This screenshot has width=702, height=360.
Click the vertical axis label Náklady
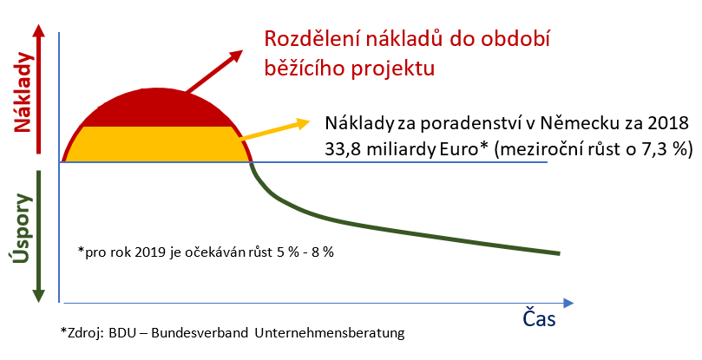(23, 92)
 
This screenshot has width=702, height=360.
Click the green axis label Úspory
(21, 228)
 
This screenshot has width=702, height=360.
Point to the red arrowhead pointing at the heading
(235, 56)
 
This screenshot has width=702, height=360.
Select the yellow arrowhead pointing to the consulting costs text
(302, 123)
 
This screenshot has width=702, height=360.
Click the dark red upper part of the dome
(157, 108)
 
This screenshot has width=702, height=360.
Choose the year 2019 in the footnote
(150, 252)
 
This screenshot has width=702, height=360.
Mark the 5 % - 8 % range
(305, 252)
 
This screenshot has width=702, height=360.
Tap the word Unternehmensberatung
(330, 333)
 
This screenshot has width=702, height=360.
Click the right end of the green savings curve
(559, 253)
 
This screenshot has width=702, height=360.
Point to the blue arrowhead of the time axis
(568, 303)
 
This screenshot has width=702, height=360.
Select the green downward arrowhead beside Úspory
(38, 294)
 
